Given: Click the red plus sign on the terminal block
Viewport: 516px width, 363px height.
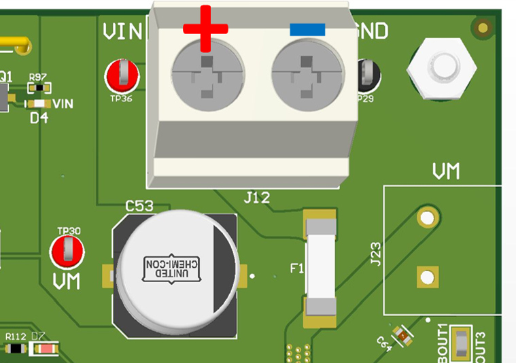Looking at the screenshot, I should [x=205, y=28].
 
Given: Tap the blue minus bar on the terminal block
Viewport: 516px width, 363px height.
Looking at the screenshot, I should [x=307, y=30].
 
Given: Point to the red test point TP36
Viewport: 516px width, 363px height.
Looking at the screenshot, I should [x=122, y=74].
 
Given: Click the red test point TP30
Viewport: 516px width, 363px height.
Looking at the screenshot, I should [x=68, y=252].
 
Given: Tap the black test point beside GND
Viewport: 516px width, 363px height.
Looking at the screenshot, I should [x=368, y=75].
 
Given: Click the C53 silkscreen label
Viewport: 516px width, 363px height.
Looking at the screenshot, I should [x=139, y=205].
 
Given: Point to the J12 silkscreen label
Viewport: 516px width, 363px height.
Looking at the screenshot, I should [x=257, y=198].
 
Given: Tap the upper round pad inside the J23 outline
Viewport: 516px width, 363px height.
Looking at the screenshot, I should [x=427, y=218].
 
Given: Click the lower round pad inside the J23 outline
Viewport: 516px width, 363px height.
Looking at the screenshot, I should [x=426, y=277].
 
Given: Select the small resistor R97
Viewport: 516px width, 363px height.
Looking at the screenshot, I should [x=39, y=88].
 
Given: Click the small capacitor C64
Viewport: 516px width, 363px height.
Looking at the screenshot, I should [x=403, y=334].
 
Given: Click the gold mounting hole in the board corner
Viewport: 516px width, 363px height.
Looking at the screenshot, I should [x=483, y=28].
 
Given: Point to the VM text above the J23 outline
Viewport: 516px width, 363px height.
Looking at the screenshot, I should [x=446, y=171].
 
